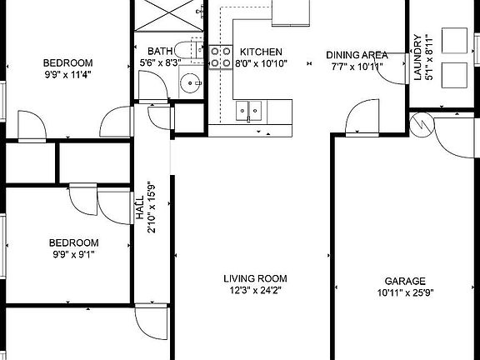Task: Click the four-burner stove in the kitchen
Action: click(x=220, y=56)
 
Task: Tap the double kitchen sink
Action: click(x=248, y=110)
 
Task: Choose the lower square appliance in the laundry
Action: click(x=455, y=74)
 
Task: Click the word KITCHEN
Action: click(x=262, y=52)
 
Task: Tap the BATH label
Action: click(x=161, y=51)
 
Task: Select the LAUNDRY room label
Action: click(x=417, y=57)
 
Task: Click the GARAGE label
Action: click(x=405, y=281)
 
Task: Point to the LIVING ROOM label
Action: click(x=255, y=278)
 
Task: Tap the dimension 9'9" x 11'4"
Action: click(x=68, y=73)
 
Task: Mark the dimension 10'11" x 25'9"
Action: click(x=405, y=292)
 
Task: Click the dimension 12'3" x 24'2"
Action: click(x=255, y=290)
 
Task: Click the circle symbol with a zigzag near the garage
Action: click(x=422, y=126)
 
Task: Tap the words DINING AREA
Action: click(x=356, y=54)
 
